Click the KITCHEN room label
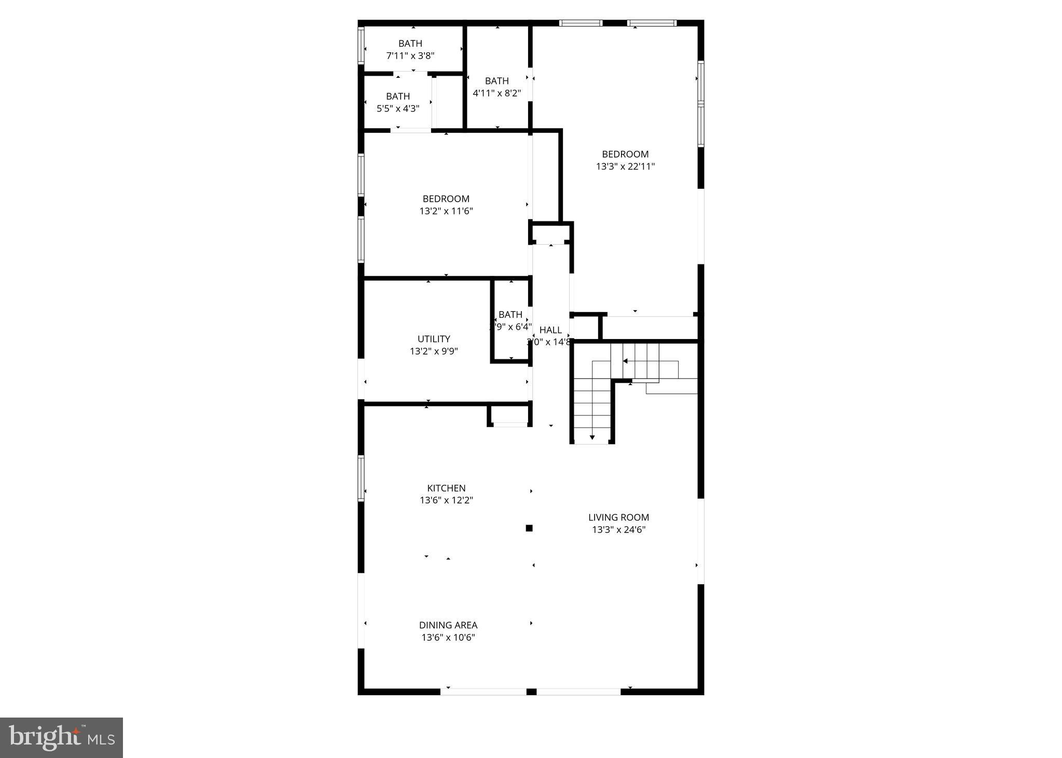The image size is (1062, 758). coord(446,488)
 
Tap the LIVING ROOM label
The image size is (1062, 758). coord(618,517)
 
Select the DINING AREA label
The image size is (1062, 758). coord(448,625)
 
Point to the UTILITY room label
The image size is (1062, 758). coord(434,339)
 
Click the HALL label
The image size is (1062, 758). coord(550,330)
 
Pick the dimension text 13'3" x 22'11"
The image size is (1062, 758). coord(625,166)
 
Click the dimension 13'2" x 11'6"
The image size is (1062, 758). coord(446,211)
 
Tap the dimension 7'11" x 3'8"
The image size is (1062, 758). coord(410,55)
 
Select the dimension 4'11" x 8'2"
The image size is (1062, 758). coord(496,93)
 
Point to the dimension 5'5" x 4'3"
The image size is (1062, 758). coord(398,109)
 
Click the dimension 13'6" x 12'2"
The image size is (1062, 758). coord(446,500)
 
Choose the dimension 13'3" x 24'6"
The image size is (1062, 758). coord(618,529)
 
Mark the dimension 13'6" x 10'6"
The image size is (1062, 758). coord(448,637)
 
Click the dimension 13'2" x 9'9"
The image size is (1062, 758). coord(434,351)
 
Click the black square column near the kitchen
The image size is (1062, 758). coord(529,528)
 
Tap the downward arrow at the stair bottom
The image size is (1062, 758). coord(592,438)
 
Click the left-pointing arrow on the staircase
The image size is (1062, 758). coord(626,361)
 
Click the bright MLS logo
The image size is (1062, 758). coord(61,737)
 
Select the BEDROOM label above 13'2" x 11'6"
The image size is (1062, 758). coord(446,199)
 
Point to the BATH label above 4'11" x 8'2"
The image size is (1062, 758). coord(496,81)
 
